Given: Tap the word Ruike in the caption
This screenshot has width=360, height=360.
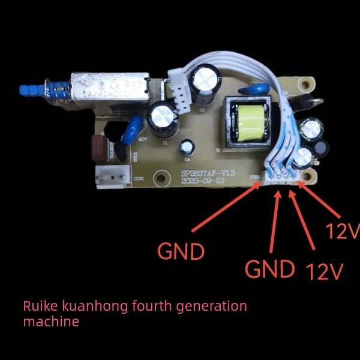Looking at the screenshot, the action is (x=40, y=306).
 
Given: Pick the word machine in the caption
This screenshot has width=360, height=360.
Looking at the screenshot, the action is (x=50, y=322).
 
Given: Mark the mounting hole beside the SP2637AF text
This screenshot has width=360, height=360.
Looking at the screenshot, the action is (x=161, y=178).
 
